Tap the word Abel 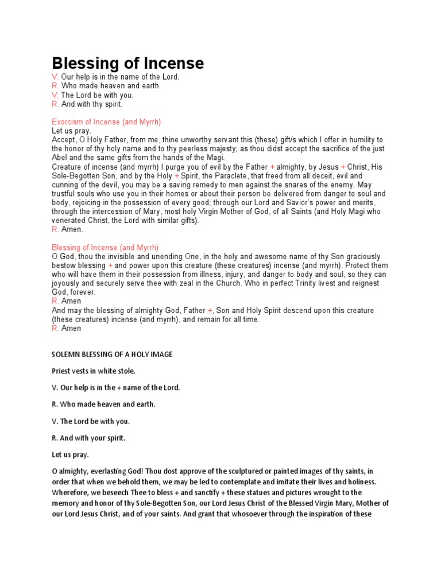coord(60,158)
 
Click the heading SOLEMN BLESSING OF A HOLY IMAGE coord(112,354)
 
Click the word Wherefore coord(72,493)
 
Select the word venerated coord(69,221)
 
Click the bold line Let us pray coord(70,455)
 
